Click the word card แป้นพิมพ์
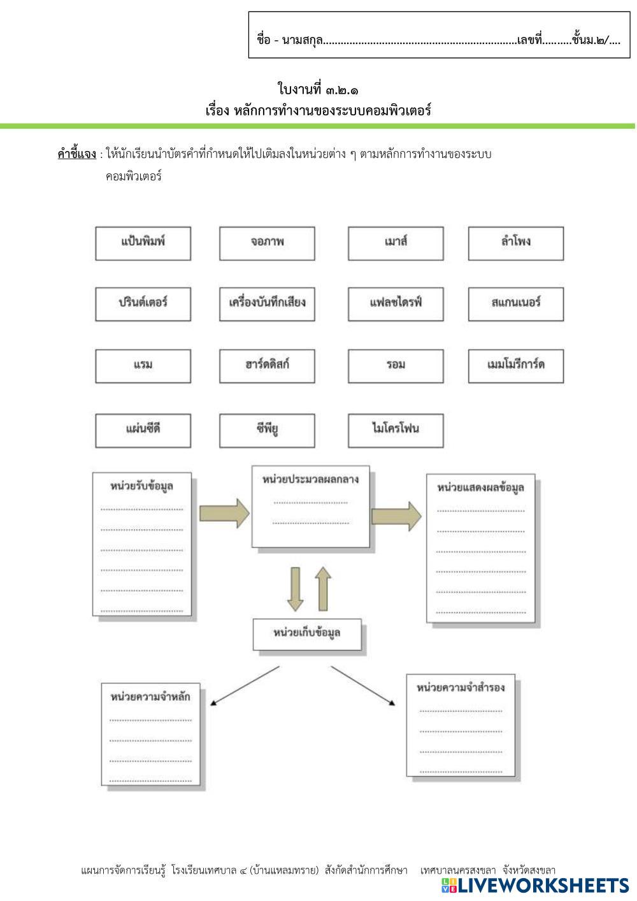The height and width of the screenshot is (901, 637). (143, 243)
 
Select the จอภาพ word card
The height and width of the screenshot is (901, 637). (267, 243)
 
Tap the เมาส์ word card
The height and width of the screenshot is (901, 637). (396, 243)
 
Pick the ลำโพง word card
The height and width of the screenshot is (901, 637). (515, 243)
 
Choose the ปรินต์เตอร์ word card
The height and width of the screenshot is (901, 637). (143, 303)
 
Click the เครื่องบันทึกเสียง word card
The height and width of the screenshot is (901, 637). (267, 303)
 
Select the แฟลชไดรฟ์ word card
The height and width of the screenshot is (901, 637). (396, 303)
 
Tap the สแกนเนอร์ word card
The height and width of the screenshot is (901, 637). (515, 303)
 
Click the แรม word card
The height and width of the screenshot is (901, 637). (143, 366)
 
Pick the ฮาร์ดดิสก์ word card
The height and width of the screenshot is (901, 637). (267, 366)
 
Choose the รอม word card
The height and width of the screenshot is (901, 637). (396, 366)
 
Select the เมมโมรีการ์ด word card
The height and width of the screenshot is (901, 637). (515, 366)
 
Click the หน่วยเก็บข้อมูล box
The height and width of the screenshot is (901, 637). (307, 633)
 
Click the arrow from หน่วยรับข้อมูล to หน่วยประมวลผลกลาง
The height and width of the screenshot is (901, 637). (225, 512)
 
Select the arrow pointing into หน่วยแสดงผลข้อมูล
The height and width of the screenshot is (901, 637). (396, 515)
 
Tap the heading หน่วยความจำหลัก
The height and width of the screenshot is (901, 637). (150, 696)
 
